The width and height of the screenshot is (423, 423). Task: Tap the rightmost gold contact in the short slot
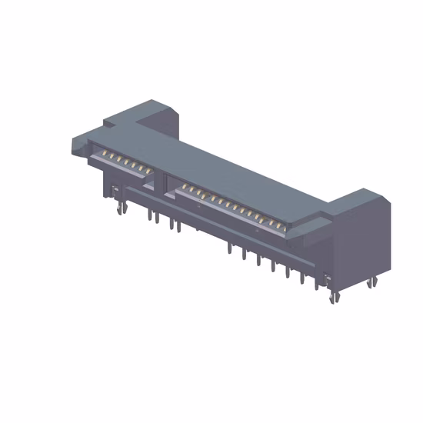point(141,168)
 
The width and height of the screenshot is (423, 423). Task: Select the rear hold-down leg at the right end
point(372,281)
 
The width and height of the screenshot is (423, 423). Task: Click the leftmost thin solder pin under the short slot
point(148,216)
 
